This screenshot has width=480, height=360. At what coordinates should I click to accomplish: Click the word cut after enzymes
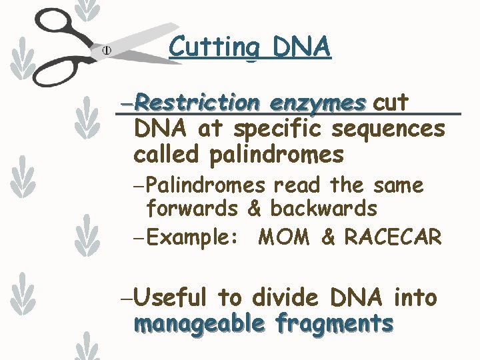(391, 103)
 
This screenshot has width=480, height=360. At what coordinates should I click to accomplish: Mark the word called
(167, 155)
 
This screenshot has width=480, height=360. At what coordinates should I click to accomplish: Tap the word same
(399, 185)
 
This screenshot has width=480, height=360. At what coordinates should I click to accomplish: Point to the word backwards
(324, 209)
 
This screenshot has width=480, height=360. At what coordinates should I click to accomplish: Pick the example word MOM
(283, 237)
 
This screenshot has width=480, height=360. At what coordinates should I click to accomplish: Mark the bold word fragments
(334, 324)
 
